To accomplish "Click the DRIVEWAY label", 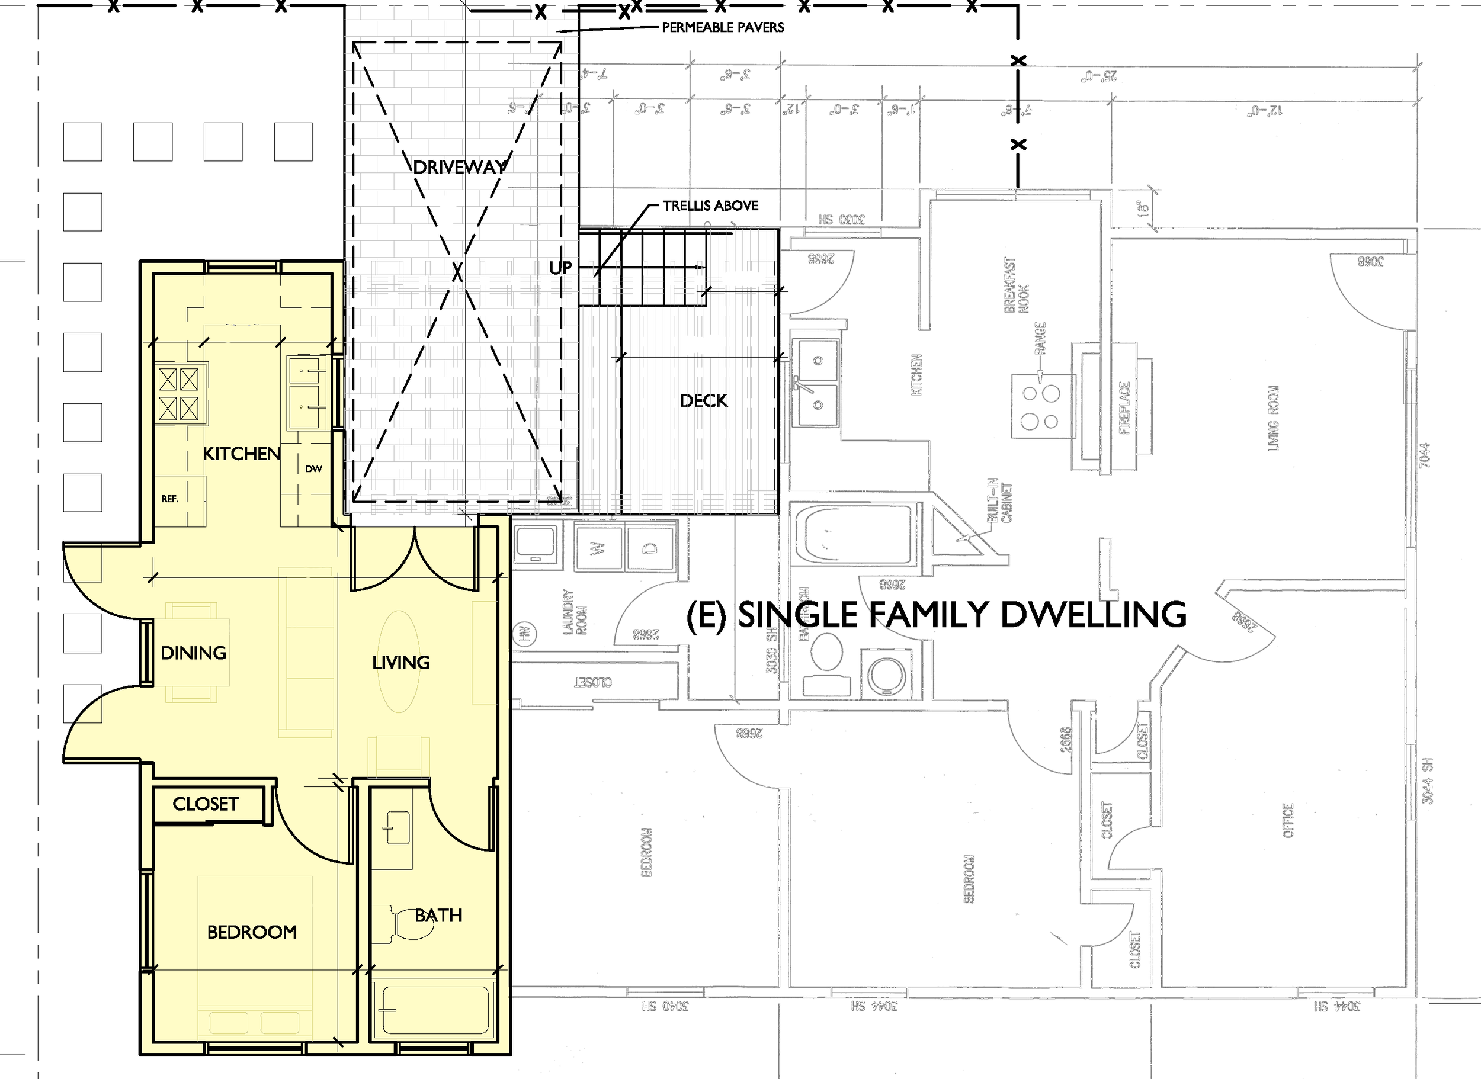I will point(459,167).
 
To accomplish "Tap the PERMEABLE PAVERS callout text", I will point(723,27).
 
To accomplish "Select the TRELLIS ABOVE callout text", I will point(710,205).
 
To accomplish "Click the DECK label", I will point(703,400).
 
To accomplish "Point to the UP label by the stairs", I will point(560,268).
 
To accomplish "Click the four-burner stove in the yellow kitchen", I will point(178,394).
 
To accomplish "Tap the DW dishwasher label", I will point(313,468).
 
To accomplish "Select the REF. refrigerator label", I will point(169,499).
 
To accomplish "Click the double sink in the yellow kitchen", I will point(306,393).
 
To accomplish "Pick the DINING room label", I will point(193,653).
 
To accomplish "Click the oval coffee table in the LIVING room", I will point(400,661).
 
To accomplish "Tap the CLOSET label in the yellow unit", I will point(205,804).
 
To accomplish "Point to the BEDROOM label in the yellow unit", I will point(252,932).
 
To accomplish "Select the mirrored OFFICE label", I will point(1288,820).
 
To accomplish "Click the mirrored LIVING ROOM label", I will point(1273,418).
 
